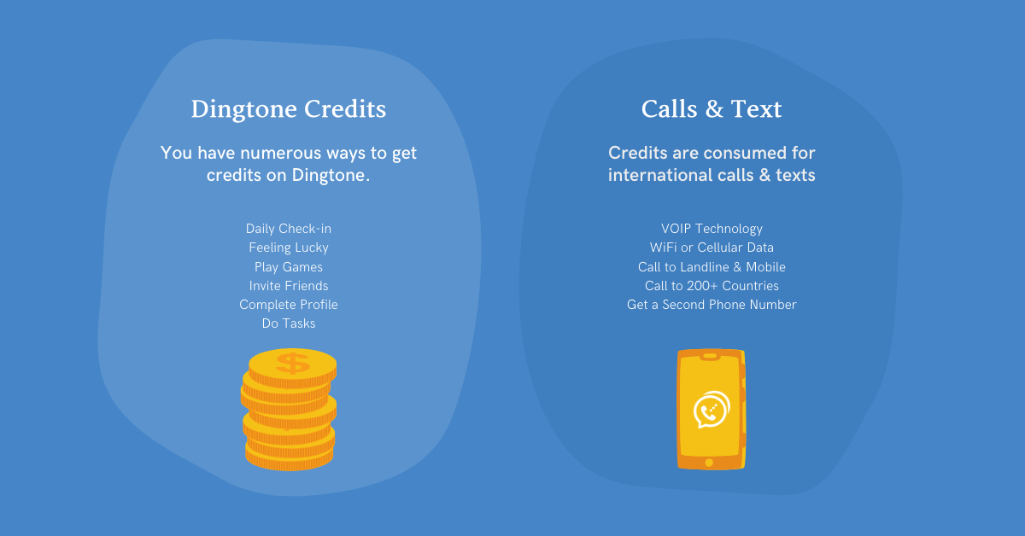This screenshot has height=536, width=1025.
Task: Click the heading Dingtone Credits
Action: (x=289, y=110)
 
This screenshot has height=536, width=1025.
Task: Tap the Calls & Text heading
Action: (x=712, y=109)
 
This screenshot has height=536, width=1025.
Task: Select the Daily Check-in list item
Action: (x=289, y=228)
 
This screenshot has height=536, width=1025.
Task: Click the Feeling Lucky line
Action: (x=289, y=248)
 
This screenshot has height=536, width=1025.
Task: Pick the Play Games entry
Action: (x=289, y=266)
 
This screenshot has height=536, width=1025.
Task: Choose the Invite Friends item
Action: (x=289, y=285)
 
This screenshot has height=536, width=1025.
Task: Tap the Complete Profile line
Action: (x=289, y=305)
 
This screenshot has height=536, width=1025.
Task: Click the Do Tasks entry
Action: (x=289, y=323)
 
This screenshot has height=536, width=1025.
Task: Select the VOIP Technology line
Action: (x=712, y=229)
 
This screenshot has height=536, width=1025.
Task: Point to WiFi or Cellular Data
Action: (x=712, y=248)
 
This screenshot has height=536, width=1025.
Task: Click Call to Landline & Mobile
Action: (x=712, y=266)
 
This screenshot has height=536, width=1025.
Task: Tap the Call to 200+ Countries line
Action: (x=712, y=285)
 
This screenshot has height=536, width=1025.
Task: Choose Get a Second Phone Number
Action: (x=712, y=305)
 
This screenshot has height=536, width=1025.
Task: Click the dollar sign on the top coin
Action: (x=293, y=364)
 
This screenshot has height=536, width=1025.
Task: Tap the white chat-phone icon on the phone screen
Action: (x=712, y=410)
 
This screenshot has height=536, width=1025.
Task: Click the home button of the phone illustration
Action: (x=709, y=463)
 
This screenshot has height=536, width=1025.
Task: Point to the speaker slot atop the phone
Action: (x=710, y=356)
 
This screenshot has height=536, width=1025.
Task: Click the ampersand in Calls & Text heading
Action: (x=714, y=110)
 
